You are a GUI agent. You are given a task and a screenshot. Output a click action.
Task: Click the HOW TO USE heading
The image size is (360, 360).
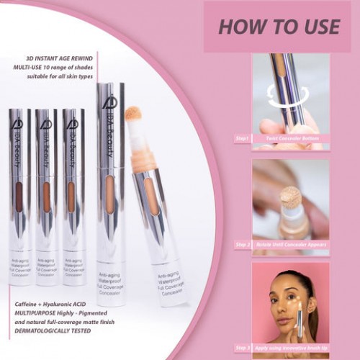[x=278, y=27]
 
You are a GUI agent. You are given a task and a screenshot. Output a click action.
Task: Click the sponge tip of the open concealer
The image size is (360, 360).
[x=132, y=114]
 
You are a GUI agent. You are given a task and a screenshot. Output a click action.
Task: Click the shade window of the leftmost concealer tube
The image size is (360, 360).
[x=19, y=197]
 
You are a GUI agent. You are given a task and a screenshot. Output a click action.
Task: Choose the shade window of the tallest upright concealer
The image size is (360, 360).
[x=109, y=194]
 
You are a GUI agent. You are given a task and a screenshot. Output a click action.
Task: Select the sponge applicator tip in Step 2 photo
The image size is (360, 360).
[x=290, y=197]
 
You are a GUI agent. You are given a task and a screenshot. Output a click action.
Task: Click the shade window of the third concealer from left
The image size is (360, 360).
[x=71, y=197]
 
